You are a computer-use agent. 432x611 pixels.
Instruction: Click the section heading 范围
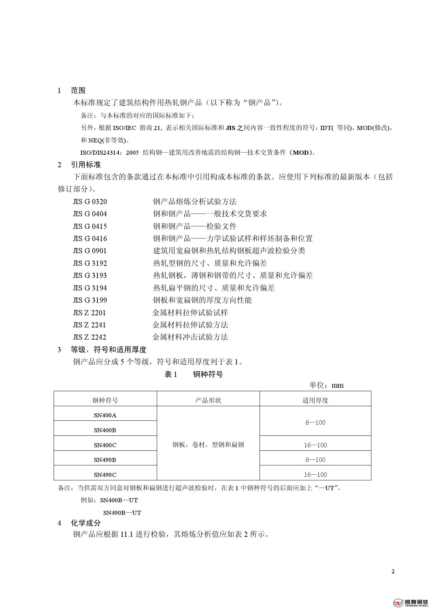click(x=78, y=91)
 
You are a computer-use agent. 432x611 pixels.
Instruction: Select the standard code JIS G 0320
click(x=90, y=202)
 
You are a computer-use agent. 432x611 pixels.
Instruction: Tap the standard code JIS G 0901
click(x=90, y=251)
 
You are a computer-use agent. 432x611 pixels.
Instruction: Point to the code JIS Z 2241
click(x=89, y=325)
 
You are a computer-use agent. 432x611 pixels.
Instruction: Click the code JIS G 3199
click(x=90, y=300)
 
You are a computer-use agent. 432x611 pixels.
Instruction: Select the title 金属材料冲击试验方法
click(x=190, y=337)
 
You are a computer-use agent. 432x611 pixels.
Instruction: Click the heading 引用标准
click(x=86, y=165)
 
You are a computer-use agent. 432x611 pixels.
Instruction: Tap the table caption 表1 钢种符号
click(x=193, y=375)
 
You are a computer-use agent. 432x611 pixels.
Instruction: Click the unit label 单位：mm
click(x=326, y=385)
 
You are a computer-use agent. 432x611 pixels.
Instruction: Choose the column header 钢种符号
click(x=105, y=401)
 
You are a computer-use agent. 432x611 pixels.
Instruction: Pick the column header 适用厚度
click(x=315, y=401)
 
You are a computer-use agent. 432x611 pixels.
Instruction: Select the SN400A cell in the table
click(x=105, y=415)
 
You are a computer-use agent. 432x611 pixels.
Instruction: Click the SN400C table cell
click(x=105, y=445)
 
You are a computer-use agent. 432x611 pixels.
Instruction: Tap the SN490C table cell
click(x=105, y=475)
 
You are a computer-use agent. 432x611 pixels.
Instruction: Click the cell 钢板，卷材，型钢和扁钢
click(x=208, y=445)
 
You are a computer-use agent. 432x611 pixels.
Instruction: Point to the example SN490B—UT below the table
click(x=122, y=513)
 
